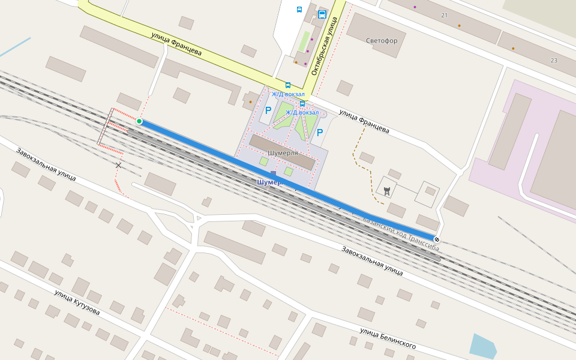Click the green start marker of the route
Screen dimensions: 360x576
[139, 121]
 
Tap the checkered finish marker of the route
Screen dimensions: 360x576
[437, 239]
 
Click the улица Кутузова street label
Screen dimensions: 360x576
[77, 303]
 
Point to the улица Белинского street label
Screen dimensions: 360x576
[388, 339]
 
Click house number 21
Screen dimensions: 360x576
[444, 15]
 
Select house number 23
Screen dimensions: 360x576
[553, 61]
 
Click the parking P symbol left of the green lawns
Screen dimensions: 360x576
[268, 110]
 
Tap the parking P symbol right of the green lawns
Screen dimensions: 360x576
[320, 133]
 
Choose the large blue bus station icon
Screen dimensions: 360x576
[322, 14]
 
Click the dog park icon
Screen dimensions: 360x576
[387, 191]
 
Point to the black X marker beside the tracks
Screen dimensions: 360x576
[118, 165]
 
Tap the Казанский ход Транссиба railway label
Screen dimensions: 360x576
[401, 230]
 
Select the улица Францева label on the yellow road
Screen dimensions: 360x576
[176, 44]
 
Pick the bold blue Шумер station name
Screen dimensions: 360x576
[268, 182]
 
